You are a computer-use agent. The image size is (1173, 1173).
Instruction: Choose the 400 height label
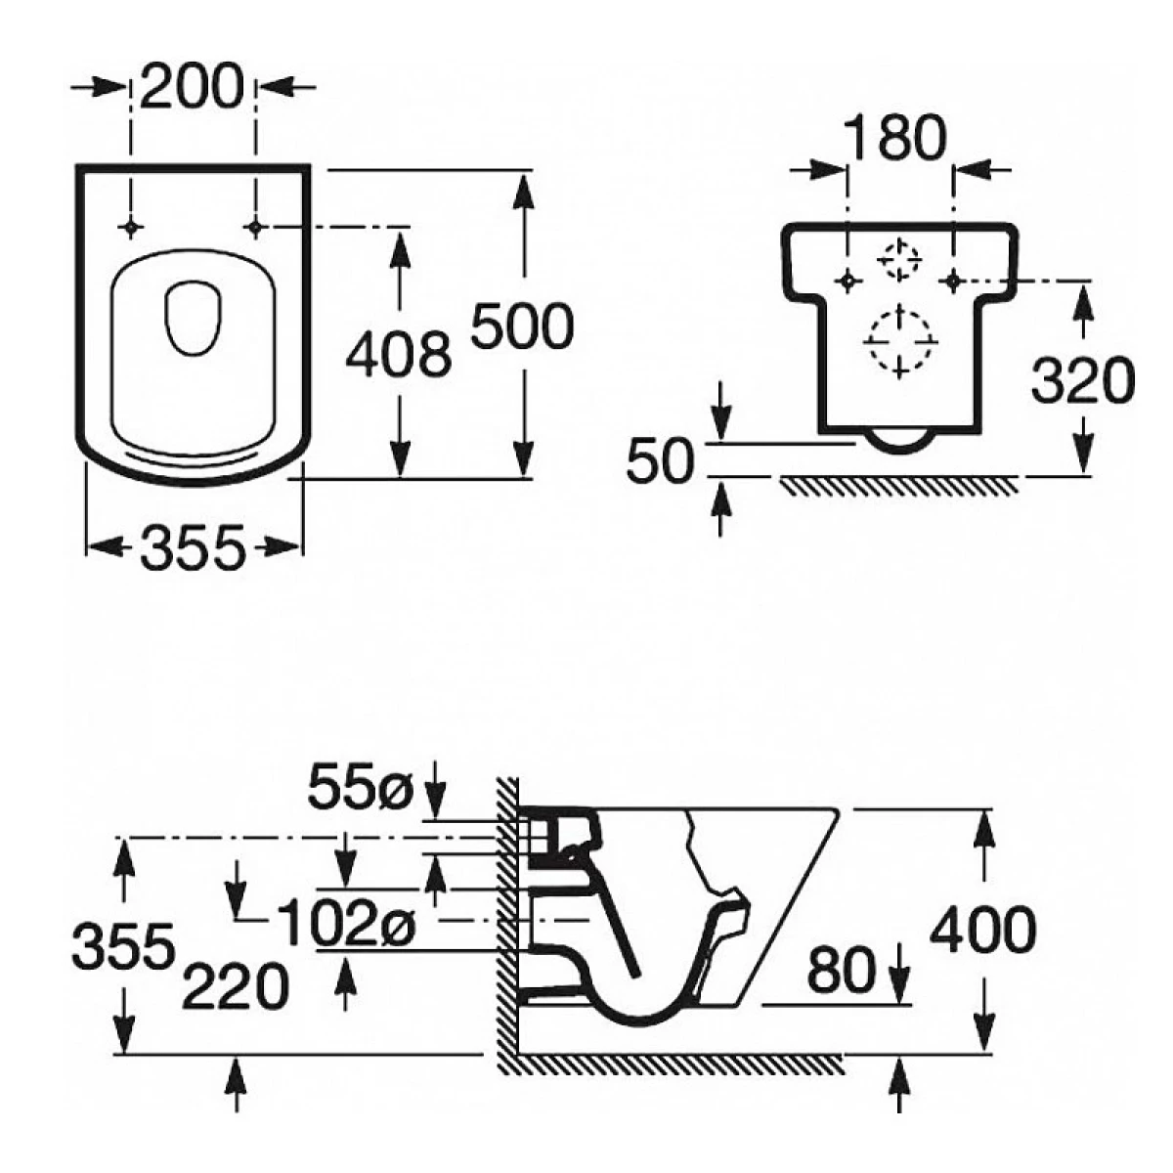(981, 930)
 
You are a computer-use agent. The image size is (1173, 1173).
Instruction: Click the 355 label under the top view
(192, 548)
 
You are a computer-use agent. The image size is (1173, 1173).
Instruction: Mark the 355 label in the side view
(124, 945)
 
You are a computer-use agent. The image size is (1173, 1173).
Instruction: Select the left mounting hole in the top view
(131, 228)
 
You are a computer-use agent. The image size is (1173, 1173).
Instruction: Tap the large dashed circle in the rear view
(898, 339)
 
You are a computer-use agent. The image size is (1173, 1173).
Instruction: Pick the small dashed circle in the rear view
(898, 260)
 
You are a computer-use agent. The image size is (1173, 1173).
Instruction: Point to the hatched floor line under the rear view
(899, 484)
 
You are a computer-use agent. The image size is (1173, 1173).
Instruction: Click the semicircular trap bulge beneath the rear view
(897, 442)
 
